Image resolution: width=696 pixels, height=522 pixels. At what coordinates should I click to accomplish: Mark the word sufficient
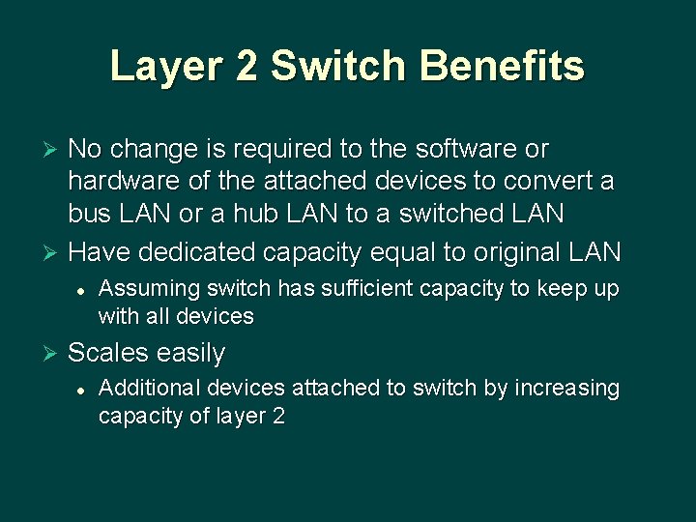(362, 289)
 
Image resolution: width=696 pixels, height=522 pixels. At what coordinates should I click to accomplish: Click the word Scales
(108, 354)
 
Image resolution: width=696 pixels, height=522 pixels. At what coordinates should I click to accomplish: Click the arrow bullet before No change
(53, 151)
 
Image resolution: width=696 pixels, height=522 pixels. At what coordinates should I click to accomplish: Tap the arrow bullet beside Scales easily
(53, 355)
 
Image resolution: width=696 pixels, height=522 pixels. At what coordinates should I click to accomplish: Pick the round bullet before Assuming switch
(82, 289)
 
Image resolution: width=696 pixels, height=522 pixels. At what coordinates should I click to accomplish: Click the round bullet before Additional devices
(82, 389)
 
